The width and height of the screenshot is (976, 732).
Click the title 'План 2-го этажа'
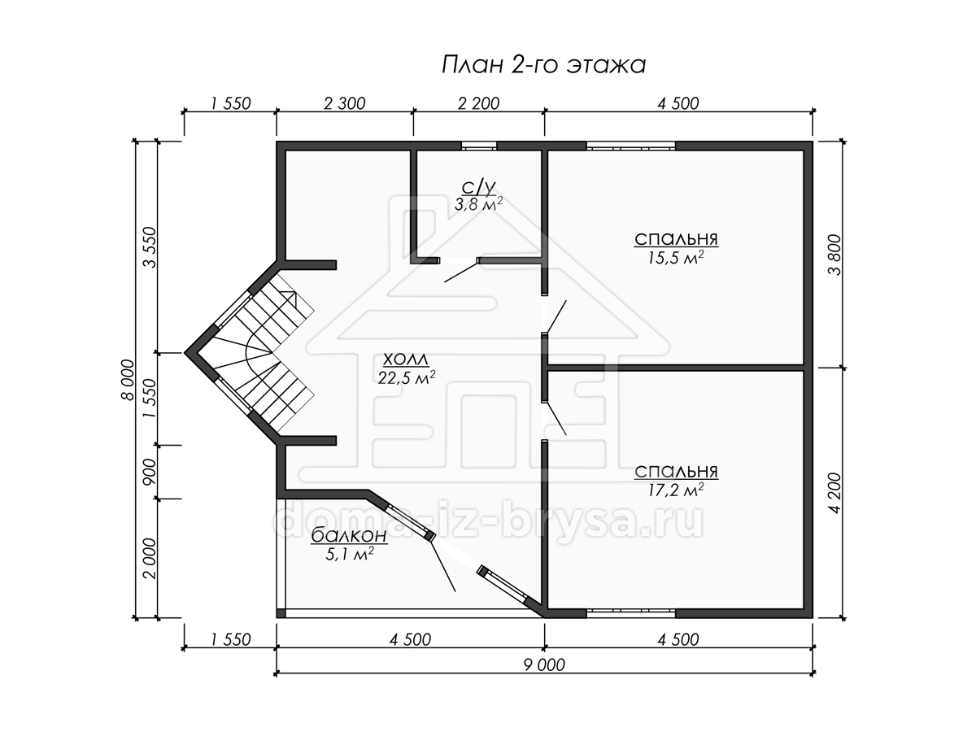point(543,65)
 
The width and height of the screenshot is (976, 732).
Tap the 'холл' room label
point(406,359)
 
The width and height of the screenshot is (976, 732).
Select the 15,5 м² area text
point(676,257)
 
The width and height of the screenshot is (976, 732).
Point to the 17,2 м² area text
point(676,490)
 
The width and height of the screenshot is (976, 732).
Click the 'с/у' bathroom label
point(478,188)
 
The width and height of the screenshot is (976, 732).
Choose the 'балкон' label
point(349,535)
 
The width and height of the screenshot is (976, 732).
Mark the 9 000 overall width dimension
point(544,664)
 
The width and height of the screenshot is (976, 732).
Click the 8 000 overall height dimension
point(128,380)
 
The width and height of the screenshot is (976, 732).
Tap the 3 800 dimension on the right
point(835,255)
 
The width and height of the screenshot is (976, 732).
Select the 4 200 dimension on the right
point(835,494)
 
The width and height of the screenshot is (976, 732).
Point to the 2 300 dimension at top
point(345,103)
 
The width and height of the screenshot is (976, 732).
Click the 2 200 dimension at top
point(479,103)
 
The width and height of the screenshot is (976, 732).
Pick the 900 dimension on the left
point(150,472)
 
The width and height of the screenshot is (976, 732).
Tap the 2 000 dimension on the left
point(150,559)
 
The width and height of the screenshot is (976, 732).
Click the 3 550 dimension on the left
point(150,247)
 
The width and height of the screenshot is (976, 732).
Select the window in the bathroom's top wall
point(479,146)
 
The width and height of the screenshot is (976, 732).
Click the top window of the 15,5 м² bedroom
point(631,146)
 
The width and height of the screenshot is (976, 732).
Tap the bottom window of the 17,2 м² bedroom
point(631,613)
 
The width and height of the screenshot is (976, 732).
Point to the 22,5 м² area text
point(407,377)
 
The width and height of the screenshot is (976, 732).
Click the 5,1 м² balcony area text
point(349,554)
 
